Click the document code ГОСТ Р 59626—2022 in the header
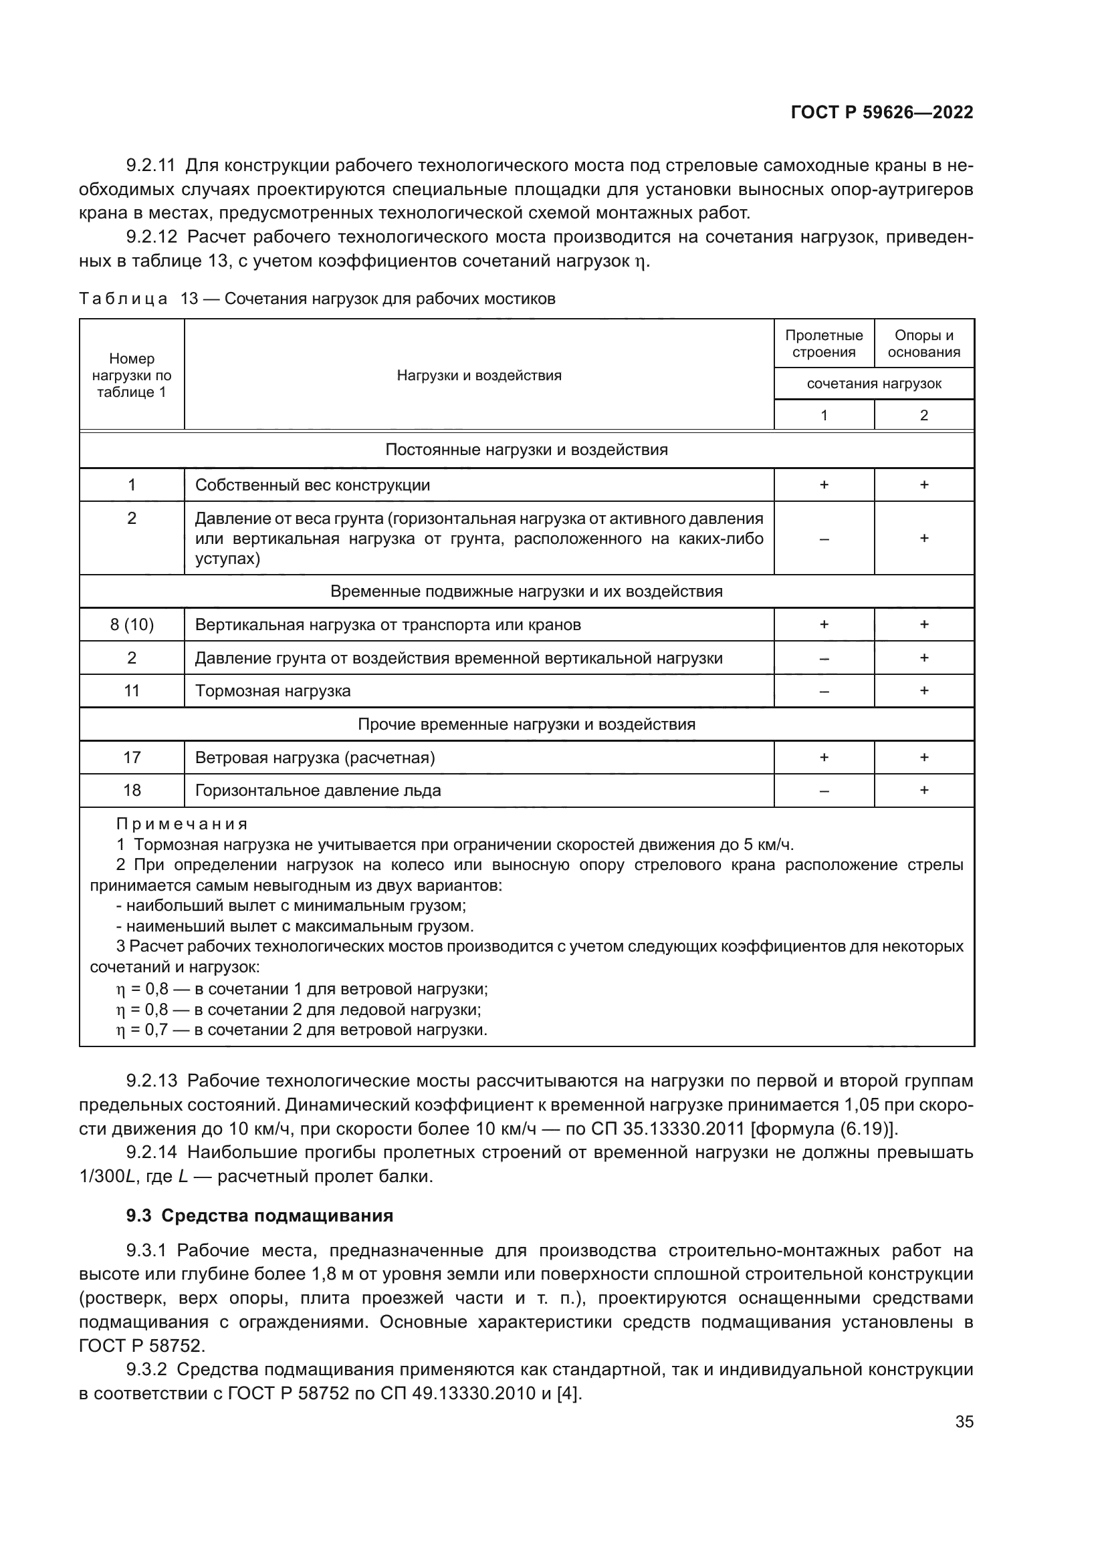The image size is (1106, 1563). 881,112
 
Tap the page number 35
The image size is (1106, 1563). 964,1421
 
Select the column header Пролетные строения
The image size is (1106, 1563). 823,343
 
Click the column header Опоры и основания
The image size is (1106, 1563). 923,343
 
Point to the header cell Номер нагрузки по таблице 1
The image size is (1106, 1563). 132,375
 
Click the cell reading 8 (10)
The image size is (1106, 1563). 132,625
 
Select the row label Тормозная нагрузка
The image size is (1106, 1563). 272,691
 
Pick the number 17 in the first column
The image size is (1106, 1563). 132,757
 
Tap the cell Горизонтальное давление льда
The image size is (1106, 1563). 318,791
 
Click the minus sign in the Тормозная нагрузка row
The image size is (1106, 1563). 823,692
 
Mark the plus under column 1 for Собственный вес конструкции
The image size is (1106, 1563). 823,484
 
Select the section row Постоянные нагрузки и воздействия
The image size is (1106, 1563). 526,450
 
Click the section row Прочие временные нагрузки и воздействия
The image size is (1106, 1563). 526,724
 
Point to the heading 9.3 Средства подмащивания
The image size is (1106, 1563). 259,1216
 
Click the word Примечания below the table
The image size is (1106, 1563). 182,825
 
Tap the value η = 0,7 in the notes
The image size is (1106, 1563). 142,1030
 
